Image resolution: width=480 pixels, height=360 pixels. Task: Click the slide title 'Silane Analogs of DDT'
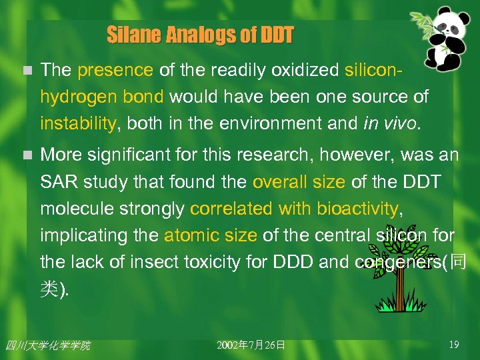199,35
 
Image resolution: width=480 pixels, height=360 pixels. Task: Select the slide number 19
454,345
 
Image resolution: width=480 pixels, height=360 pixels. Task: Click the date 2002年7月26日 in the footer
251,345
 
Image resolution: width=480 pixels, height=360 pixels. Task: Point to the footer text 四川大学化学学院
47,345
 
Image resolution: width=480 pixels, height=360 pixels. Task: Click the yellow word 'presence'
115,69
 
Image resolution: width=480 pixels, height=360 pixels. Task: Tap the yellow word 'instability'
78,123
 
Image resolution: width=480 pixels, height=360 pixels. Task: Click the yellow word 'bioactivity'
357,209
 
